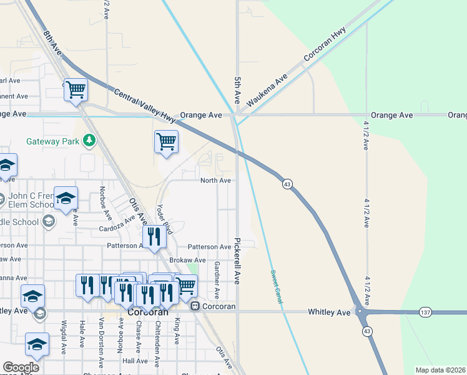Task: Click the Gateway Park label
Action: pos(52,141)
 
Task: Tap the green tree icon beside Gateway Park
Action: pos(90,140)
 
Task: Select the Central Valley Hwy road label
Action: pos(144,104)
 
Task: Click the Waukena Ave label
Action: pos(267,89)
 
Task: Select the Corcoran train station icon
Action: pos(195,306)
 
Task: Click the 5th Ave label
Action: pos(237,90)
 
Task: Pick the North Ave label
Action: pos(215,181)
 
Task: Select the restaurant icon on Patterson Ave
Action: pos(153,236)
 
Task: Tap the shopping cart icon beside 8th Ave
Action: pos(76,90)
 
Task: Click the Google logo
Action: pos(21,367)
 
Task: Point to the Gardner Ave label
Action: pos(217,279)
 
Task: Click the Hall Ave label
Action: pos(135,361)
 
